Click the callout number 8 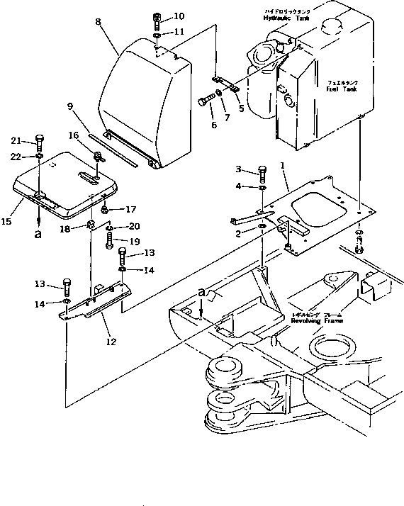coord(99,23)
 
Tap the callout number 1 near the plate coord(282,164)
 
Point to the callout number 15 coord(6,222)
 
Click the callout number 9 coord(70,107)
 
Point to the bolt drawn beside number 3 coord(262,173)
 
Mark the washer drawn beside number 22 coord(40,155)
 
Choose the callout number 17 coord(130,209)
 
